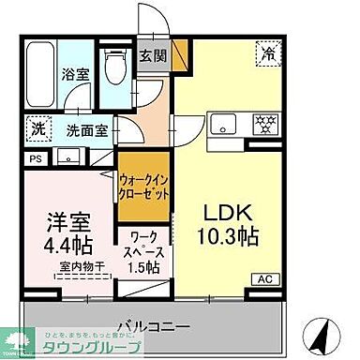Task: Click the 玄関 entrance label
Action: [152, 55]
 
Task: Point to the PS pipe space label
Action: [35, 159]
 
